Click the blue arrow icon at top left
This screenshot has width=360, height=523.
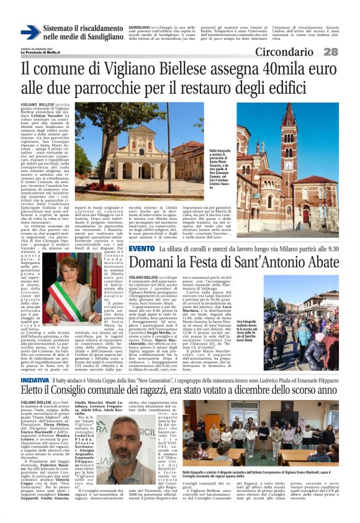tap(30, 32)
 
